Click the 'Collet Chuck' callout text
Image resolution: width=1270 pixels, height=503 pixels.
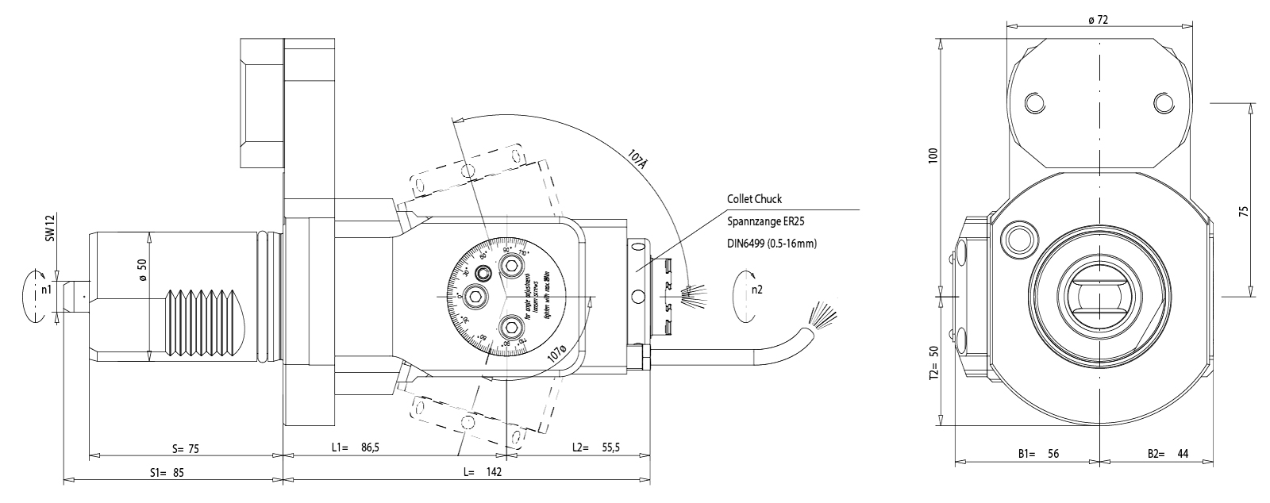coord(754,199)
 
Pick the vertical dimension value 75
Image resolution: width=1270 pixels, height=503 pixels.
coord(1244,211)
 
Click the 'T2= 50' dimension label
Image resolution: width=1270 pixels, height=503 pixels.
coord(933,361)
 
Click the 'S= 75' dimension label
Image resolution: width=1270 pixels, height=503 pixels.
coord(184,449)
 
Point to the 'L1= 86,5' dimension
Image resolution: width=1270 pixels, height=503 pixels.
coord(355,447)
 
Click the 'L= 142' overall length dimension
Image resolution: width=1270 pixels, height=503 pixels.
coord(483,471)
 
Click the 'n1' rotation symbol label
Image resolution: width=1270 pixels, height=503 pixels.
coord(47,290)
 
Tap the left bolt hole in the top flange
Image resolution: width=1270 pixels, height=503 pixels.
coord(1033,103)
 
